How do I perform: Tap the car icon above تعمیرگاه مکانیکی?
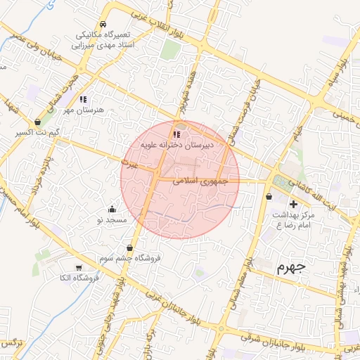[x=103, y=25]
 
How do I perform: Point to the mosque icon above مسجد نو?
[x=112, y=209]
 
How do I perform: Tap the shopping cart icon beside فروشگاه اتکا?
[x=79, y=268]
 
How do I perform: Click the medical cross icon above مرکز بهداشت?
[x=293, y=204]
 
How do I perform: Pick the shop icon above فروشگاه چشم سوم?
[x=130, y=247]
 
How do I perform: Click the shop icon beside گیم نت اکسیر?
[x=37, y=122]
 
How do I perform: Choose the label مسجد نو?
[x=112, y=220]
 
